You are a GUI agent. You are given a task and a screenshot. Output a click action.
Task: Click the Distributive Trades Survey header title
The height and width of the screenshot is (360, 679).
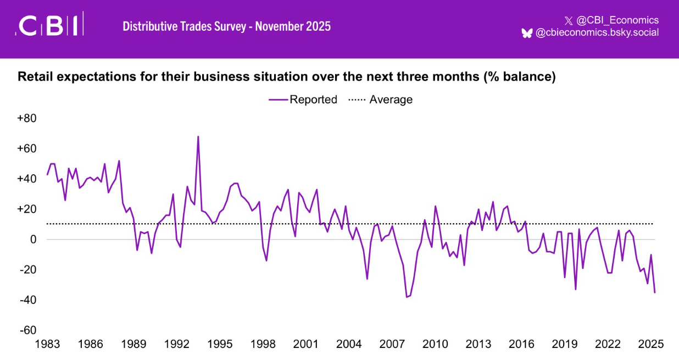[x=226, y=26]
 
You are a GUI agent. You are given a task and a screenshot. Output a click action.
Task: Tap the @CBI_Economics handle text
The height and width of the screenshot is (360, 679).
[x=617, y=20]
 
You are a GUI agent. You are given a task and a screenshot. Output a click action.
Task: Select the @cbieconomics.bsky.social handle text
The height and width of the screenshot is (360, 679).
[x=597, y=33]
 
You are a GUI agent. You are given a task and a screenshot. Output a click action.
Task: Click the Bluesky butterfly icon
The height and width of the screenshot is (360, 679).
[x=527, y=33]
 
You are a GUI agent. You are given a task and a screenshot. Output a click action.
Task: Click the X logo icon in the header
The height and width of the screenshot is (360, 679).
[x=568, y=21]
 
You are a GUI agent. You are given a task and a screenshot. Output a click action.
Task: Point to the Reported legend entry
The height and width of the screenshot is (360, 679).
[x=303, y=99]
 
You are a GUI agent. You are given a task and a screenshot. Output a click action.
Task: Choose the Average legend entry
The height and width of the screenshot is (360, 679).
[x=381, y=99]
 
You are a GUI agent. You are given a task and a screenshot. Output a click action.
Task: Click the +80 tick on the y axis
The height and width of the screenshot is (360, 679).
[x=27, y=118]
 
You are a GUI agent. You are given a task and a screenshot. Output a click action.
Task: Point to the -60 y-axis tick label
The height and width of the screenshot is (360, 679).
[x=27, y=330]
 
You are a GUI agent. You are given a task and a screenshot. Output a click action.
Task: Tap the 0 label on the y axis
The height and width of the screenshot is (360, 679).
[x=33, y=240]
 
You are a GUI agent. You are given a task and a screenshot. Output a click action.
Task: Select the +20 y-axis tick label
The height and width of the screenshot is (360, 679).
[x=27, y=209]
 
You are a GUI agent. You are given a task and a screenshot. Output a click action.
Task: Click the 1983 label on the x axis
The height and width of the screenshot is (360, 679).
[x=47, y=345]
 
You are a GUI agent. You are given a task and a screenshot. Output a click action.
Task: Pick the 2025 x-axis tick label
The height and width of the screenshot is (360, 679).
[x=651, y=345]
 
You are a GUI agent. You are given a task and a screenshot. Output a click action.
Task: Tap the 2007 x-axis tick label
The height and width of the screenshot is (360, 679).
[x=392, y=345]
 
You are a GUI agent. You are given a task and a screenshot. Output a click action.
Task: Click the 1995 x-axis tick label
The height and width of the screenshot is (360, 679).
[x=220, y=345]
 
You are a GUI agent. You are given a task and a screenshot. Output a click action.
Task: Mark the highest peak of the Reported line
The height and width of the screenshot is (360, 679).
[x=198, y=136]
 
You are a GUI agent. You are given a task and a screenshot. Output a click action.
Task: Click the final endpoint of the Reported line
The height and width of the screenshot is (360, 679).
[x=654, y=292]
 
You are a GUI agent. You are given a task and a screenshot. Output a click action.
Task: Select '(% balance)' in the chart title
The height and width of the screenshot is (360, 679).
[x=519, y=77]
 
